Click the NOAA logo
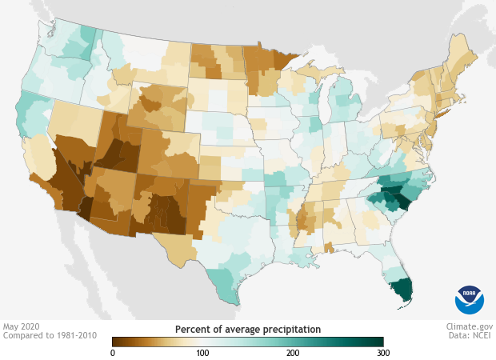click(470, 300)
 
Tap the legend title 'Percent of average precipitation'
click(247, 329)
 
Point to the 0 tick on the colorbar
click(113, 353)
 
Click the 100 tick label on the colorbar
click(202, 353)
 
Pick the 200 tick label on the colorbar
click(293, 353)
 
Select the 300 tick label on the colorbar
click(382, 353)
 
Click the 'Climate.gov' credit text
click(470, 326)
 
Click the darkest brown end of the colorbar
click(117, 342)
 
